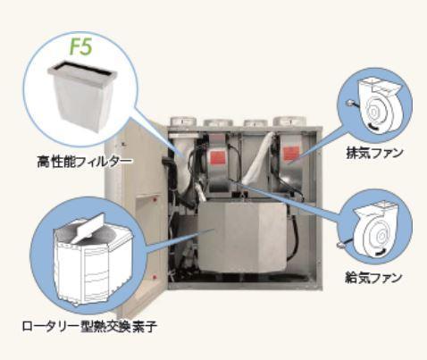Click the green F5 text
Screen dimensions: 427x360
80,46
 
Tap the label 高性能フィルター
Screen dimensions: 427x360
84,162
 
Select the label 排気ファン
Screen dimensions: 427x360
374,153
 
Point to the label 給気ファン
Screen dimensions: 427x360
374,278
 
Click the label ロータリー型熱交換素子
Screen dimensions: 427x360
89,326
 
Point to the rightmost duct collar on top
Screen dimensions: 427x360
287,121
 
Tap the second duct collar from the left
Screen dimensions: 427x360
218,122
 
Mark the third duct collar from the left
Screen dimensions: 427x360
255,122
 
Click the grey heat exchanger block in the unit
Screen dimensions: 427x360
242,237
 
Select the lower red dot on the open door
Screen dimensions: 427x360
155,277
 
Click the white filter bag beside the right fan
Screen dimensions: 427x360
258,157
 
